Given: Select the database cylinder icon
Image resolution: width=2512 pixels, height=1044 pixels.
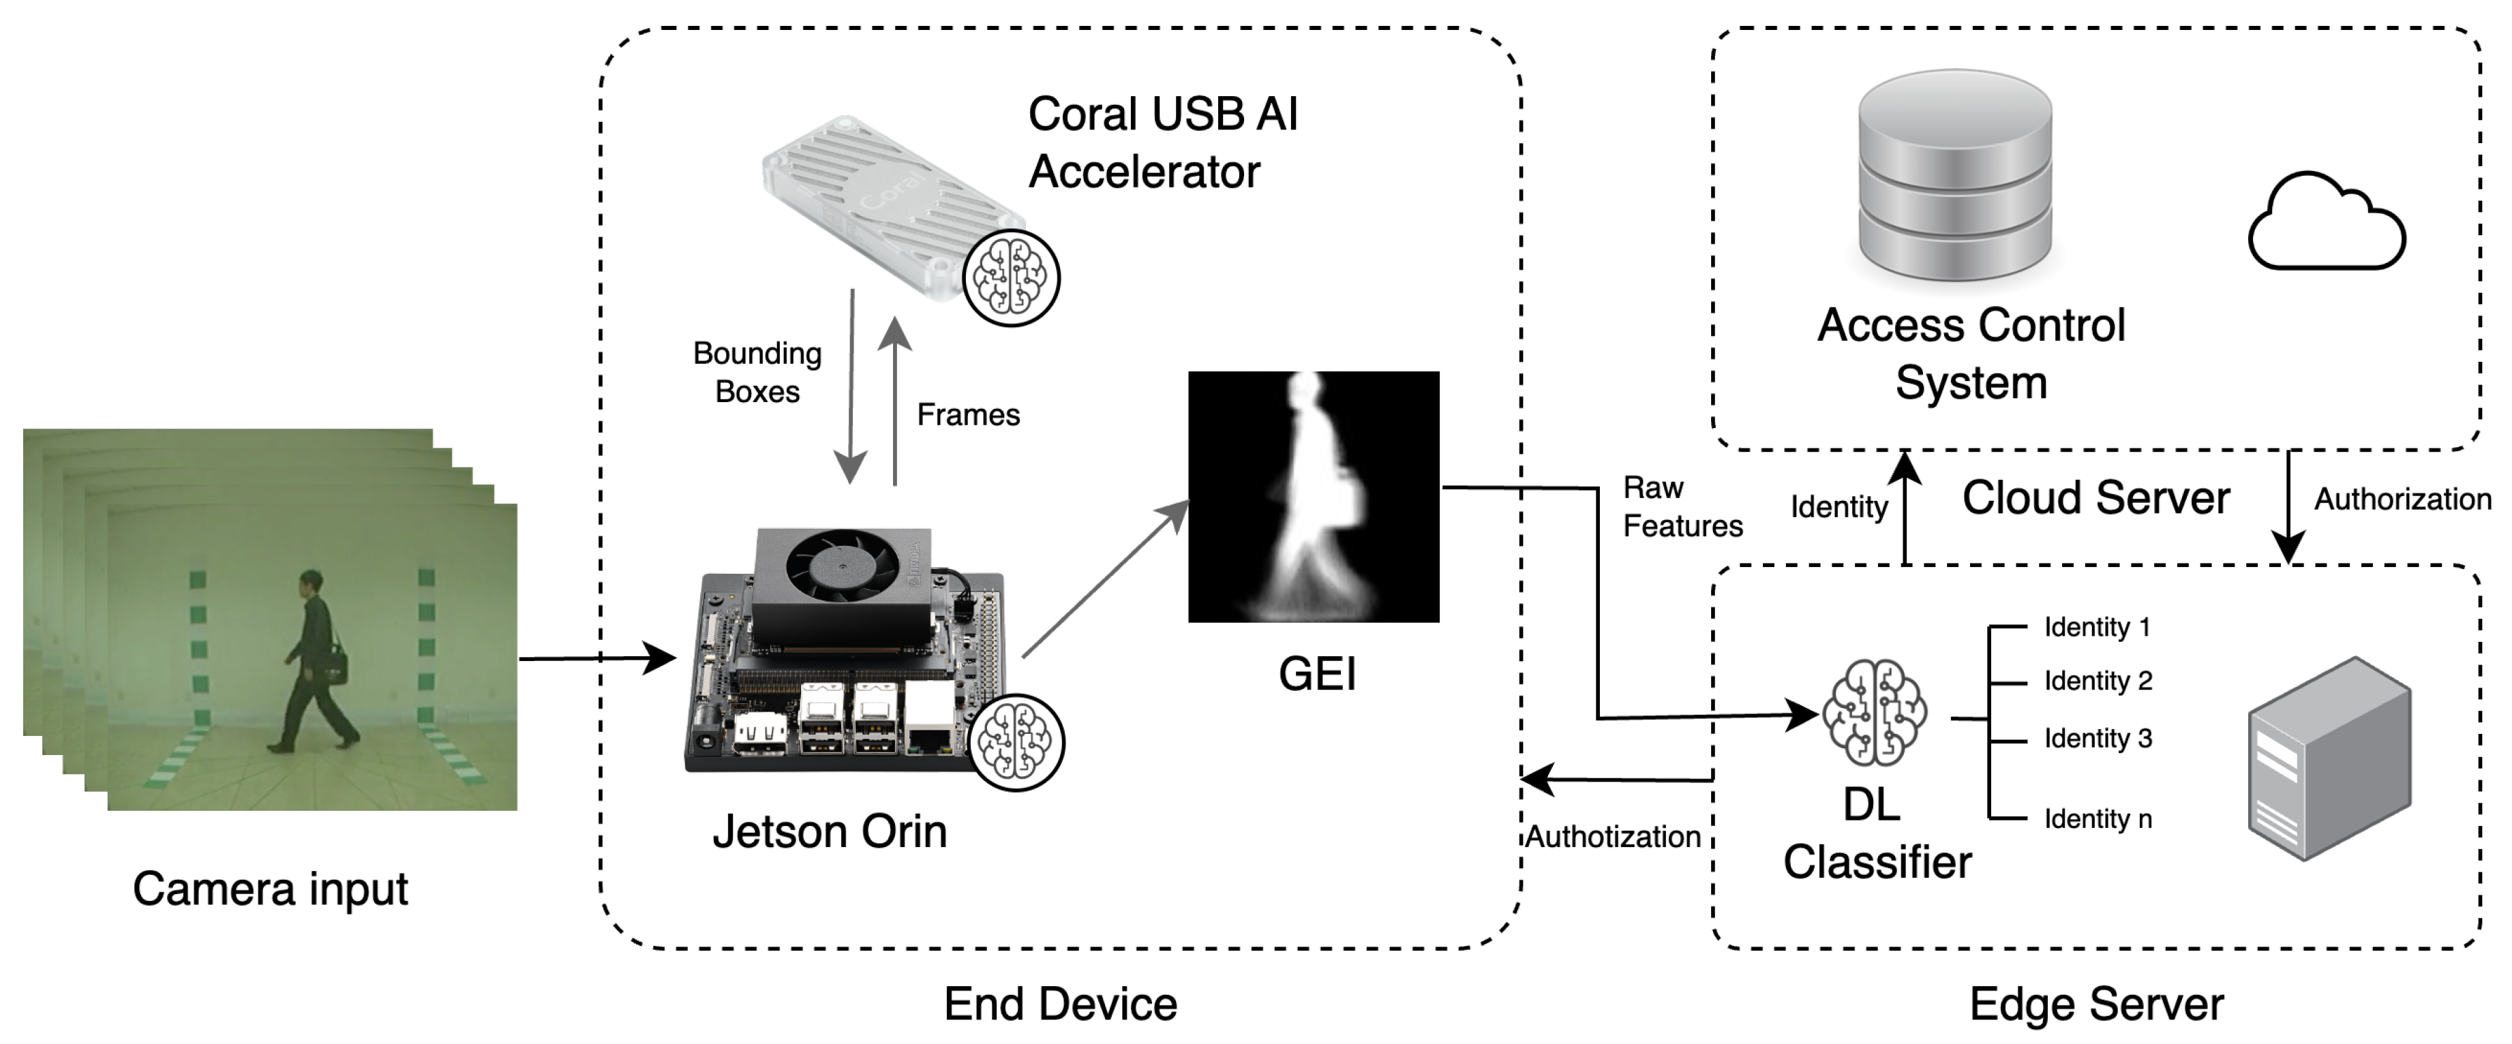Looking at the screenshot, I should coord(1954,175).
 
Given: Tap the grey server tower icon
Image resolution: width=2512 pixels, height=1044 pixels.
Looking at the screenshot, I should coord(2328,758).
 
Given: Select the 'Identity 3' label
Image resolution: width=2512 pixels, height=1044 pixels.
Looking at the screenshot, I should coord(2098,739).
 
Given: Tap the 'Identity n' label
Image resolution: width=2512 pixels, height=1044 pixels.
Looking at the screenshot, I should coord(2098,819).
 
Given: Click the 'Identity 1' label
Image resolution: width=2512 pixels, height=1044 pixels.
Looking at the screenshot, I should coord(2097,627).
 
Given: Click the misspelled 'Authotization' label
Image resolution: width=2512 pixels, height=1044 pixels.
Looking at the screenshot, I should coord(1612,836).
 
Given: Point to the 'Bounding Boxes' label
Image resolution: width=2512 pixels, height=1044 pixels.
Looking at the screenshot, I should coord(757,372).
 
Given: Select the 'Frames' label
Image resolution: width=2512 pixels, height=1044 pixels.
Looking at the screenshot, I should coord(967,415).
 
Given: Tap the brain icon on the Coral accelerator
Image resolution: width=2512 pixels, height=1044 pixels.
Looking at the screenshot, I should coord(1011,278).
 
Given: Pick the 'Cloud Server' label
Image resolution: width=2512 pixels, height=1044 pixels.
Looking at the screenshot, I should coord(2095,498).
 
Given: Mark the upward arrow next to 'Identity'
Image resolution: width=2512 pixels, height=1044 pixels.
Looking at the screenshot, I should coord(1905,507).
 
